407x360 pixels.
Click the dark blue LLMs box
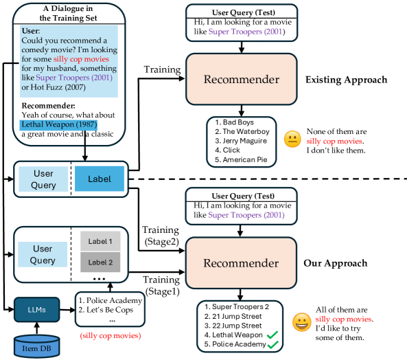pos(36,310)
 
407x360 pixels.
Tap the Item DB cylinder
pos(36,346)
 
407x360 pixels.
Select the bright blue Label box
pos(100,179)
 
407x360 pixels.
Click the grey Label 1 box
pos(100,241)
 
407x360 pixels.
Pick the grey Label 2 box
pos(100,262)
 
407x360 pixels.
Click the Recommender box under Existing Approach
pos(242,79)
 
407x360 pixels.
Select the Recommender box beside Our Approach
pos(241,263)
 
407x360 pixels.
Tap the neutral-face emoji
pos(292,139)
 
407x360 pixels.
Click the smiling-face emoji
pos(301,322)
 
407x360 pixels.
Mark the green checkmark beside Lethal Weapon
pos(272,335)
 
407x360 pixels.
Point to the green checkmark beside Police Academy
pos(272,344)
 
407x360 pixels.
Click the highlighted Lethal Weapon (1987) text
pos(58,124)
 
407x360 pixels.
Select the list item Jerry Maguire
pos(241,141)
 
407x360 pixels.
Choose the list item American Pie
pos(241,159)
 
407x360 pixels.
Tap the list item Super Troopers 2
pos(237,306)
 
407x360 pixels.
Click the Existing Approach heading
pos(347,80)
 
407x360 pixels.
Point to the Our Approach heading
pos(336,263)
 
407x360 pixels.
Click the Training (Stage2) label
pos(161,236)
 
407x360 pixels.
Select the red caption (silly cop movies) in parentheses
pos(111,335)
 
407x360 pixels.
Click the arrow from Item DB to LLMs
pos(36,328)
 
